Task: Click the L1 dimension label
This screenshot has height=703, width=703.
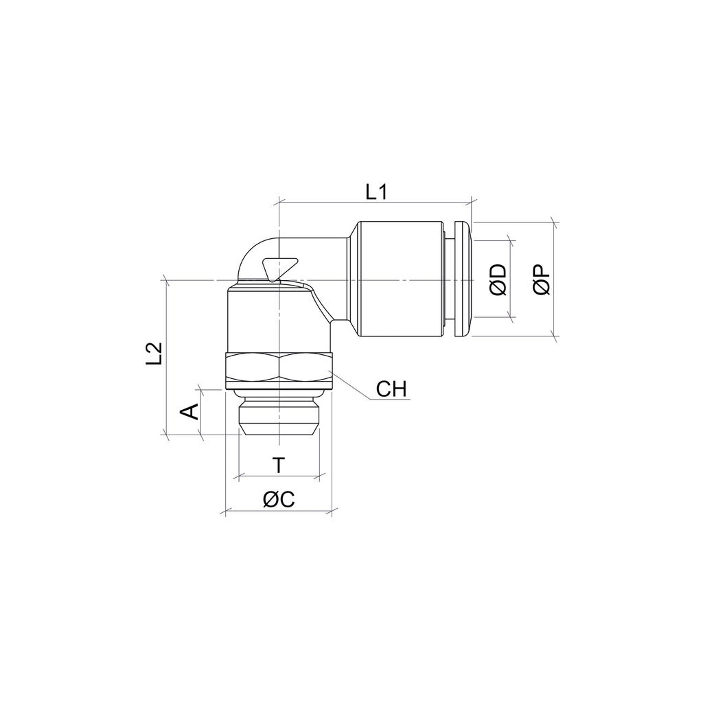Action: pos(376,192)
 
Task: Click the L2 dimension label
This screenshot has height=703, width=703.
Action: pos(154,354)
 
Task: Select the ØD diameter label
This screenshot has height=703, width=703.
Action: pos(498,280)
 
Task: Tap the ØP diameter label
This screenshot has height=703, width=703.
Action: pos(542,279)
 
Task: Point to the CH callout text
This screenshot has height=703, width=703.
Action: pos(391,389)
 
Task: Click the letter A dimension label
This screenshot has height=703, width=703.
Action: pos(189,412)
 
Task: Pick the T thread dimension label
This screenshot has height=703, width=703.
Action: pos(279,465)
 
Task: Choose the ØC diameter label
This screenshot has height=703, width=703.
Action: pos(279,499)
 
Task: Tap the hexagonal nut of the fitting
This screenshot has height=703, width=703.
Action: pos(279,371)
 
